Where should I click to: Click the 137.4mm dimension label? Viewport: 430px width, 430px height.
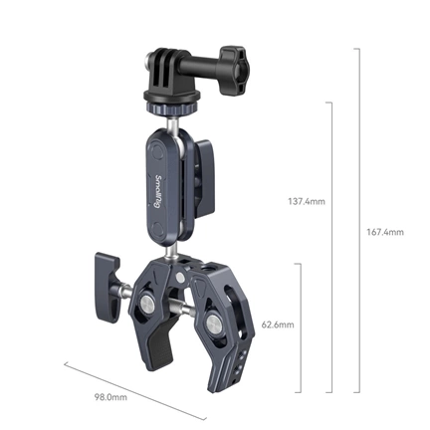coord(306,201)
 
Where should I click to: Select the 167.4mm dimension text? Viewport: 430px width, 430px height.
coord(384,233)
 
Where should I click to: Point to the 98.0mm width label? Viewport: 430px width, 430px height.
coord(109,397)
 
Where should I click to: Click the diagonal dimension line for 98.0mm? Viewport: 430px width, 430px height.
coord(129,385)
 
